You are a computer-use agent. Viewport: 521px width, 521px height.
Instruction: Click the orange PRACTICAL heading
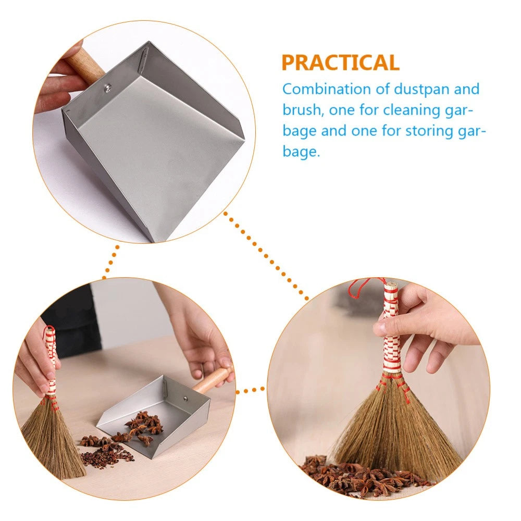[x=340, y=62]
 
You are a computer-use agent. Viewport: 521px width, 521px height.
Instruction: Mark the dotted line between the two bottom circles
[x=251, y=389]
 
